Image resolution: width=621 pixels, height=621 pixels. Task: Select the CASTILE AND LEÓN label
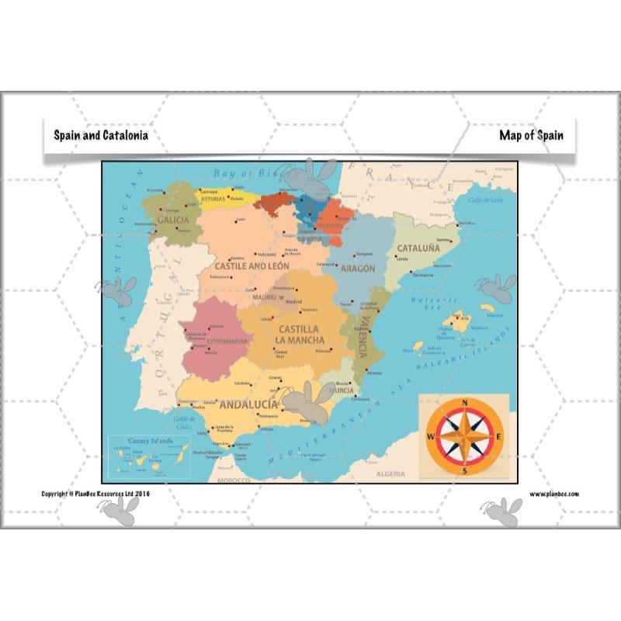[x=252, y=265]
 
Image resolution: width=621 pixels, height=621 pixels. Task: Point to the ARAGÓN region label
[x=357, y=269]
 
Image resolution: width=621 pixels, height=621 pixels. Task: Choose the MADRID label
[x=264, y=296]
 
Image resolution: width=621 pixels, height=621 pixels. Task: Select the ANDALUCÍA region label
[x=248, y=404]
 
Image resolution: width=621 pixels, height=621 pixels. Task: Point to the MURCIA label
[x=342, y=390]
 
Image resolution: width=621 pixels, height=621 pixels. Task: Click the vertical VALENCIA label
[x=361, y=338]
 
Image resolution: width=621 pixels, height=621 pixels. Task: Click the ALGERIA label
[x=390, y=474]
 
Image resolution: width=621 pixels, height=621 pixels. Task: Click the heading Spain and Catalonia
[x=100, y=135]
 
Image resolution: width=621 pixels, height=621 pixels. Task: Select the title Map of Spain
[x=531, y=135]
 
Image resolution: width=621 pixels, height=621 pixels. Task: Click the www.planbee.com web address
[x=554, y=494]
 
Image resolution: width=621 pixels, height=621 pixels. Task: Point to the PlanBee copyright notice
[x=95, y=494]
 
